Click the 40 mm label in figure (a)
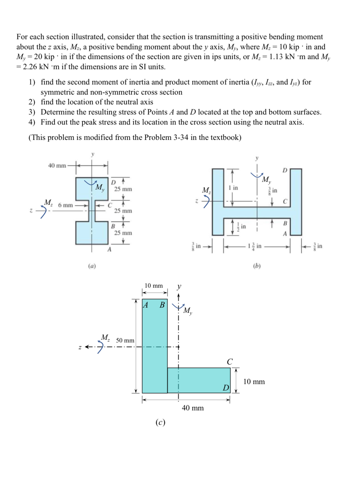(57, 166)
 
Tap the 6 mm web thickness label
(65, 205)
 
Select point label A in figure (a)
(109, 249)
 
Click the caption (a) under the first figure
(92, 266)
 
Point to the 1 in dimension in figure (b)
(233, 188)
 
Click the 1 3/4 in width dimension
(255, 246)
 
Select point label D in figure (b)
(285, 170)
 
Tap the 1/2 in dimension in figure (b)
(241, 227)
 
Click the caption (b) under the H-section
(257, 266)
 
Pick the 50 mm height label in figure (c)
(125, 341)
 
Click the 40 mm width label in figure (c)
(193, 408)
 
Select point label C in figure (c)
(230, 362)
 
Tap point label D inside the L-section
(226, 388)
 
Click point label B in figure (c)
(162, 305)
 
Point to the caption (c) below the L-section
(160, 423)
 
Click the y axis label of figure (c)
(179, 287)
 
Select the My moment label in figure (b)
(266, 180)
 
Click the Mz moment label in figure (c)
(106, 338)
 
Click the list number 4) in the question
(32, 122)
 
